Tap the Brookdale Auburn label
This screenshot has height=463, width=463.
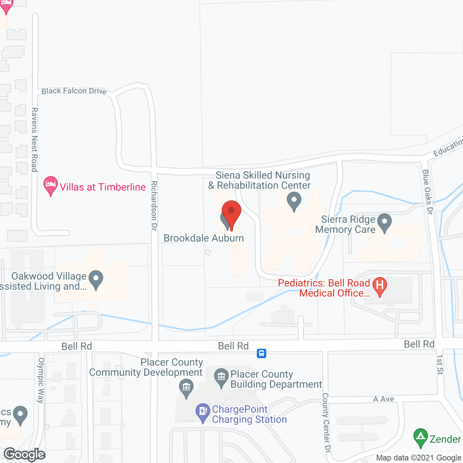(x=204, y=238)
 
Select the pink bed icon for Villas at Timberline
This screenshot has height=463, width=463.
(x=51, y=186)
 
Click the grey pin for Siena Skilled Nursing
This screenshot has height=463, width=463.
(x=294, y=201)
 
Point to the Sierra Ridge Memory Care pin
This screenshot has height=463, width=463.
(x=384, y=223)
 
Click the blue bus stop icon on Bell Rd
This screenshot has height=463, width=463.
(x=262, y=353)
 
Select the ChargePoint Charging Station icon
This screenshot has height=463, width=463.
(x=203, y=412)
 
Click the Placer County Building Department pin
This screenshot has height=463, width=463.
(x=221, y=377)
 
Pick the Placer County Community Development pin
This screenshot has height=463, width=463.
(x=186, y=388)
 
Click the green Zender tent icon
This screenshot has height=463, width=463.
(x=420, y=438)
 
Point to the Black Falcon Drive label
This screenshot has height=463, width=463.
(x=74, y=91)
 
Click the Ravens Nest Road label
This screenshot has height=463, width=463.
(x=34, y=139)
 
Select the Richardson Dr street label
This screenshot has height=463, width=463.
(x=154, y=205)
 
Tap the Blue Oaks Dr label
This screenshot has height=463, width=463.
(x=428, y=192)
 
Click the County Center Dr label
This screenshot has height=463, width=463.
(x=327, y=422)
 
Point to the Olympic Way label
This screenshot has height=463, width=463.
(x=41, y=380)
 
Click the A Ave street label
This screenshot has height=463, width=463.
(x=383, y=399)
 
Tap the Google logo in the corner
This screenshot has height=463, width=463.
(x=25, y=454)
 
